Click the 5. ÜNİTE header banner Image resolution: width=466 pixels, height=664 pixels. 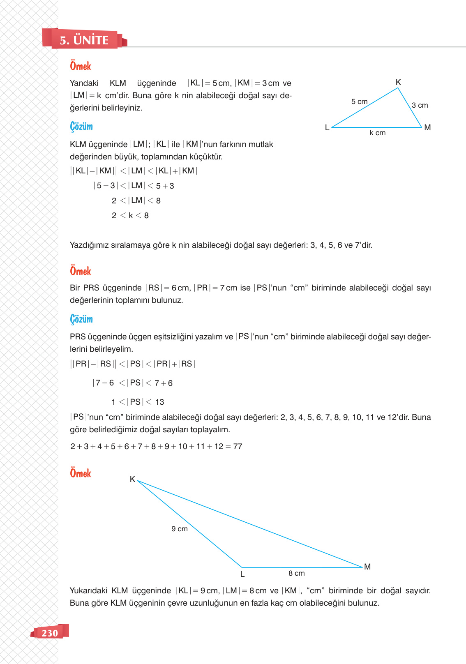click(x=84, y=40)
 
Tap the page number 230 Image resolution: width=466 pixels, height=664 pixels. click(x=50, y=633)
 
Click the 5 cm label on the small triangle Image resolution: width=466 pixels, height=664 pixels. click(x=359, y=101)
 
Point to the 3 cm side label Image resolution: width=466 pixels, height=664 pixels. click(x=420, y=105)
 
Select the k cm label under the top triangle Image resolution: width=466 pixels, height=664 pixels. click(x=377, y=133)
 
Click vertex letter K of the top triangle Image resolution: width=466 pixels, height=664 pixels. click(x=398, y=82)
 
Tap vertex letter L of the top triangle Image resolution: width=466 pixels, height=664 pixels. click(x=327, y=128)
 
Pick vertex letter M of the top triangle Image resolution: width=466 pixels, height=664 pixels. click(x=427, y=127)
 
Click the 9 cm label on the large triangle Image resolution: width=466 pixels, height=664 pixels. click(x=180, y=529)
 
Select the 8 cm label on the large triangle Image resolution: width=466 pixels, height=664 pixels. click(x=296, y=573)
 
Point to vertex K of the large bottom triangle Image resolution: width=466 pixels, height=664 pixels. click(x=132, y=479)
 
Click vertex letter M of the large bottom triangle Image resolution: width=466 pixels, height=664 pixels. click(x=367, y=567)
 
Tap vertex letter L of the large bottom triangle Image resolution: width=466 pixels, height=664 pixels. click(x=242, y=574)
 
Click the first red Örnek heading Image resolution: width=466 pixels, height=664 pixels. click(x=81, y=66)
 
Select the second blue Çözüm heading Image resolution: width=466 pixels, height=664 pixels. click(x=81, y=319)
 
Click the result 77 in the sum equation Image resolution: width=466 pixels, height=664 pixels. click(x=238, y=446)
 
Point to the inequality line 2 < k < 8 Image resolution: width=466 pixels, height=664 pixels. click(x=130, y=215)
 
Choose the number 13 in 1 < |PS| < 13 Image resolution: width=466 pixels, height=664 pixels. click(x=159, y=402)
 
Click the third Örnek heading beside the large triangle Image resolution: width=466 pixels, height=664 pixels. click(x=81, y=473)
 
